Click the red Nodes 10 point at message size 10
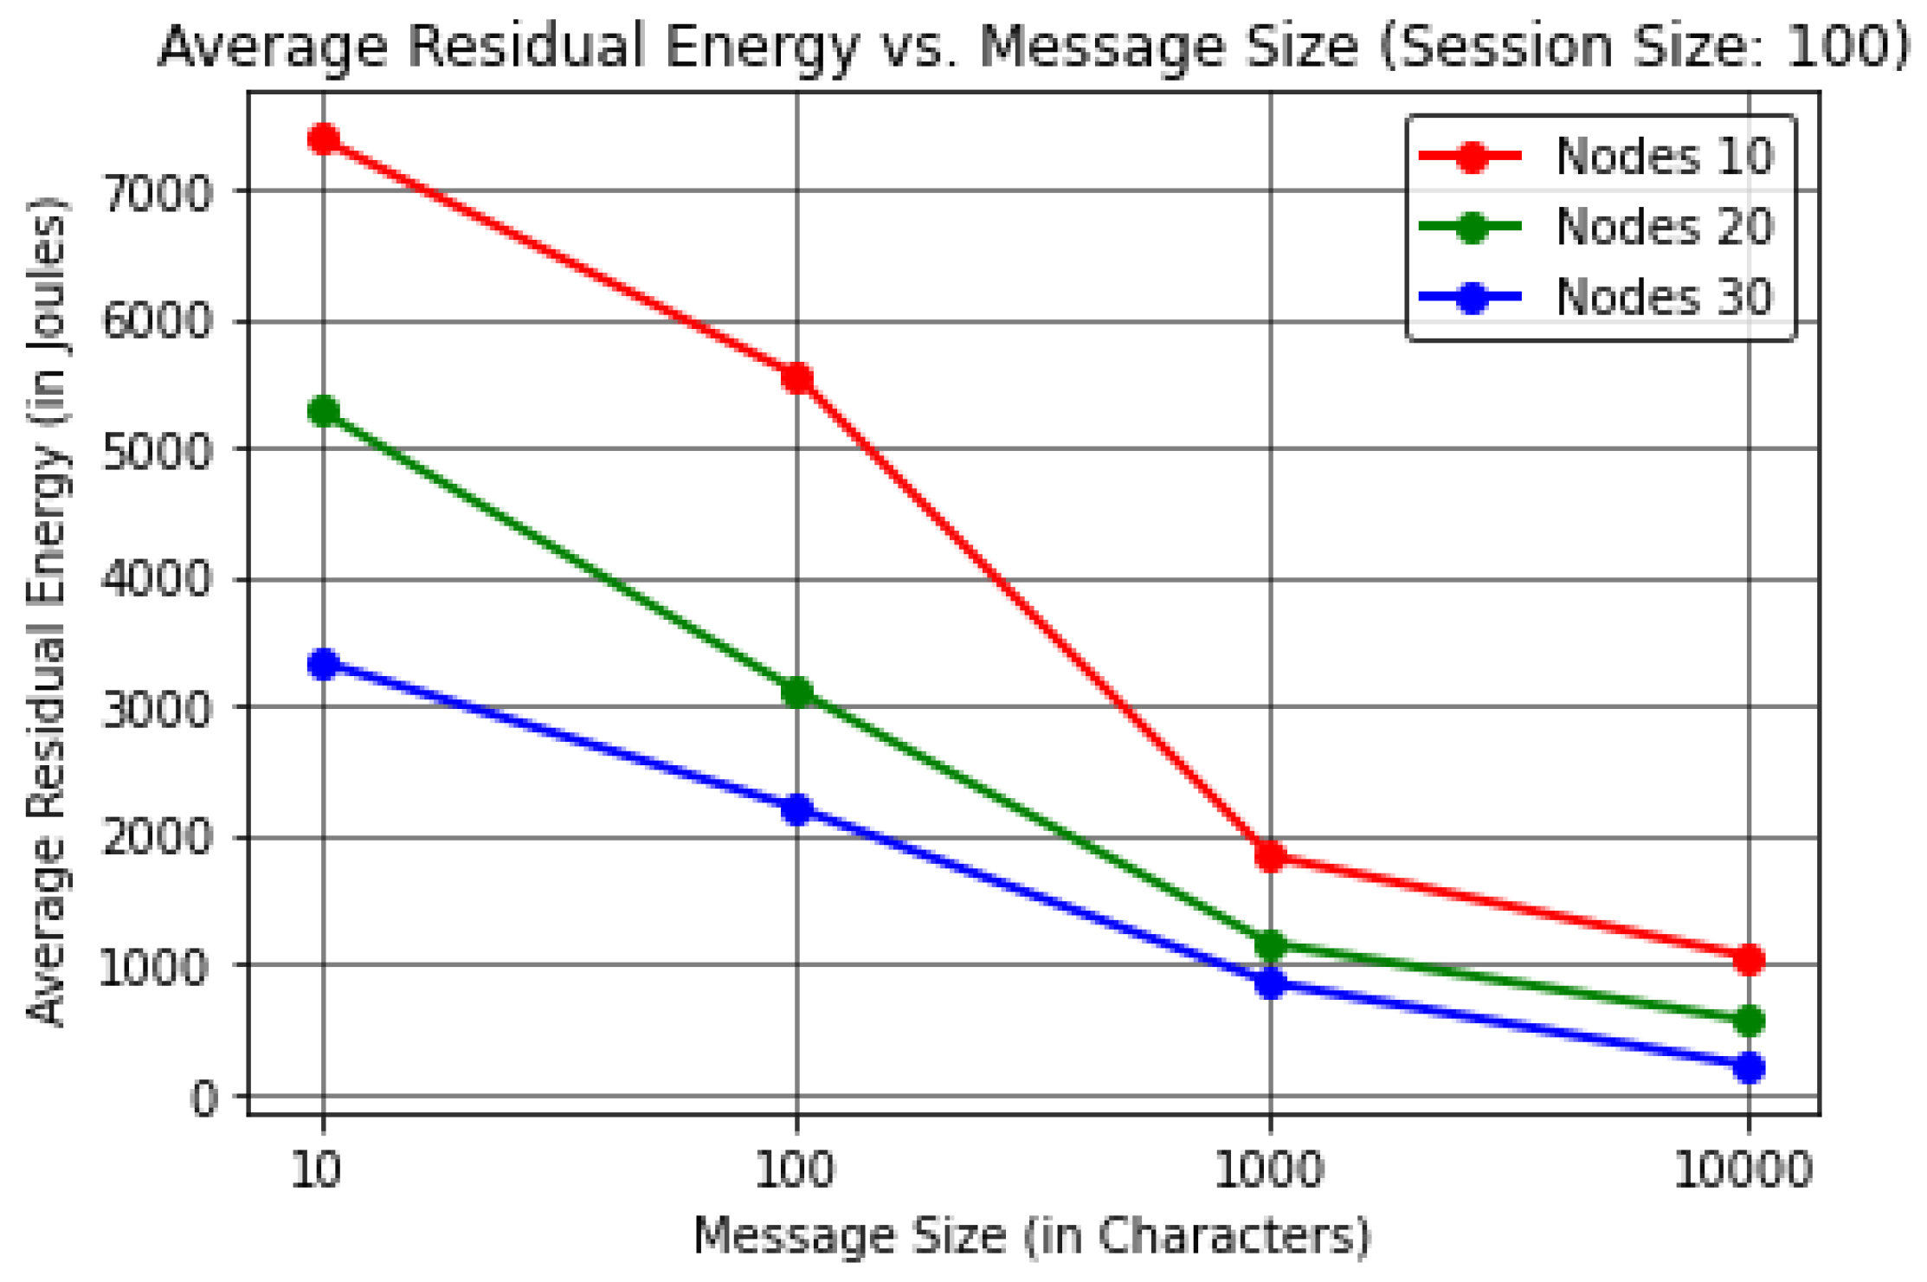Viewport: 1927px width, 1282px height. (x=324, y=139)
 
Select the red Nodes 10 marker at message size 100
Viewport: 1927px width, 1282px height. (x=796, y=378)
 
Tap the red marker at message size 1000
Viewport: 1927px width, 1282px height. (x=1270, y=855)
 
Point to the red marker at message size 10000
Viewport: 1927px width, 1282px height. (x=1749, y=958)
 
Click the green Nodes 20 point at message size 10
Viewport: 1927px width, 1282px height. (x=324, y=410)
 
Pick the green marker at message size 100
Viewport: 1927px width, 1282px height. (x=796, y=692)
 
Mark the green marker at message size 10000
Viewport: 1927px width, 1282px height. (x=1749, y=1021)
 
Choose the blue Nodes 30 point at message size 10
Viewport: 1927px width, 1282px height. (x=324, y=664)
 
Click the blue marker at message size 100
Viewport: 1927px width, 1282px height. (x=796, y=809)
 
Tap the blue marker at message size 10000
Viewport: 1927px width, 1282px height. (x=1749, y=1066)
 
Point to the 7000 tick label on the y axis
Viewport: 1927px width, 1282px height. (x=157, y=192)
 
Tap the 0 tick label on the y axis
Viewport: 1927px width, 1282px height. (x=204, y=1098)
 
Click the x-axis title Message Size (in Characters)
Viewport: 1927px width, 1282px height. (x=1032, y=1236)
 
